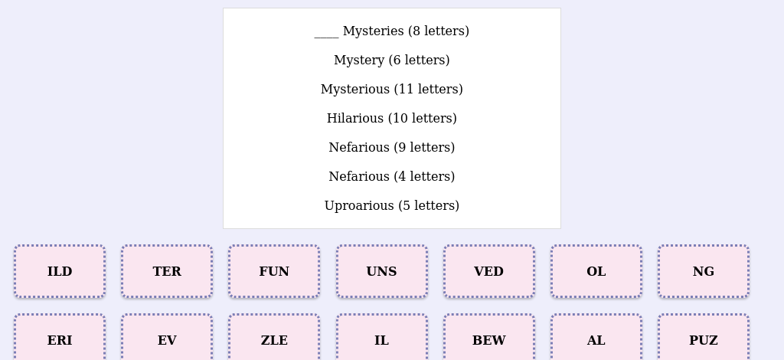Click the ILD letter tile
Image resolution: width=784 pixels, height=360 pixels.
tap(60, 271)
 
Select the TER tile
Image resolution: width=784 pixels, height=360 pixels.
tap(167, 271)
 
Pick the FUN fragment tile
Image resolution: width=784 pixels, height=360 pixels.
tap(274, 271)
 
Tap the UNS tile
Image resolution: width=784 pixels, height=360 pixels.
tap(381, 271)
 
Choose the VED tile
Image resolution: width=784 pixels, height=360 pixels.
tap(489, 271)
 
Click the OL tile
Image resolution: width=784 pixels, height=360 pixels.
tap(596, 271)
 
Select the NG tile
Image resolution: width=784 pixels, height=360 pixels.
tap(704, 271)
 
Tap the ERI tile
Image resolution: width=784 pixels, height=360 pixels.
tap(60, 338)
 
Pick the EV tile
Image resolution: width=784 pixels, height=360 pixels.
tap(167, 338)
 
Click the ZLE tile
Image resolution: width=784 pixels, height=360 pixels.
tap(274, 338)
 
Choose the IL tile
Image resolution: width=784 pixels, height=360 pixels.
tap(381, 338)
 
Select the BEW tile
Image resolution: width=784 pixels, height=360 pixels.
tap(489, 338)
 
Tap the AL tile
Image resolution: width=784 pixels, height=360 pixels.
tap(596, 338)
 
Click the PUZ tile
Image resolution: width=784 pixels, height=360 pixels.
tap(704, 338)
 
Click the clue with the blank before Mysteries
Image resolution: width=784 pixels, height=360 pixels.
tap(392, 31)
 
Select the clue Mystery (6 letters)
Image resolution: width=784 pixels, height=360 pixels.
tap(392, 60)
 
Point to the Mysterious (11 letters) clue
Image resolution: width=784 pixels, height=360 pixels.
tap(392, 89)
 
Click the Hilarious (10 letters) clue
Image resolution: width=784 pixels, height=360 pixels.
tap(392, 119)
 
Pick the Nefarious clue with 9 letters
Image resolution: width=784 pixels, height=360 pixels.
tap(392, 148)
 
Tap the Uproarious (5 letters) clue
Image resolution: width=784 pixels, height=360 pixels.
tap(392, 205)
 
